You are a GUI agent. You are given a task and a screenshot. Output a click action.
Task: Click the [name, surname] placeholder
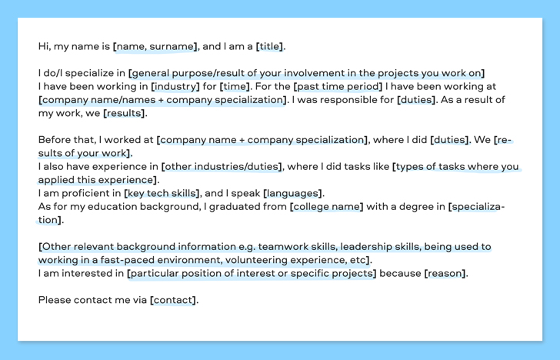coord(155,46)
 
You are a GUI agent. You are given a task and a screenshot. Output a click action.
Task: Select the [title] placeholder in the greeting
coord(270,46)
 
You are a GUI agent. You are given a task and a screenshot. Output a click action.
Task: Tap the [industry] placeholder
coord(175,86)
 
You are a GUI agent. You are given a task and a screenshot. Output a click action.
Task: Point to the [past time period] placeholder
coord(338,86)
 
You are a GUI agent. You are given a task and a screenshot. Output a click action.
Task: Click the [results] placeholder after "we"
coord(125,113)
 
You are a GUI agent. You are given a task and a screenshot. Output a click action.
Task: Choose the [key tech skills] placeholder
coord(162,193)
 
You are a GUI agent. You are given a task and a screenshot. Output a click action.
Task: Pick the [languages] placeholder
coord(292,193)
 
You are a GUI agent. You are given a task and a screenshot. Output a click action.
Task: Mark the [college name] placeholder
coord(326,207)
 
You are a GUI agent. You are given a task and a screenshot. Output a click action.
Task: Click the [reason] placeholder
coord(445,274)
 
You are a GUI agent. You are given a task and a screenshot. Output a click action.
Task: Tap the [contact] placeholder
coord(173,300)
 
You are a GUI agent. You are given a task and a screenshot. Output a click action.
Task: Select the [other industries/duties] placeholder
coord(222,167)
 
